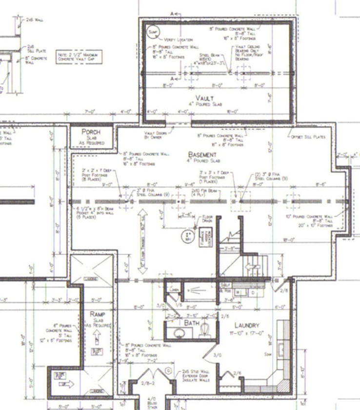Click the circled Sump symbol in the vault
(152, 31)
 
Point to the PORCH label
(91, 132)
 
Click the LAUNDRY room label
(246, 325)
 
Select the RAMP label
(96, 314)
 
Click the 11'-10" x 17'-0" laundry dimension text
(246, 333)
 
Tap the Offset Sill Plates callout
(308, 137)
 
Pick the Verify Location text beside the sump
(179, 40)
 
